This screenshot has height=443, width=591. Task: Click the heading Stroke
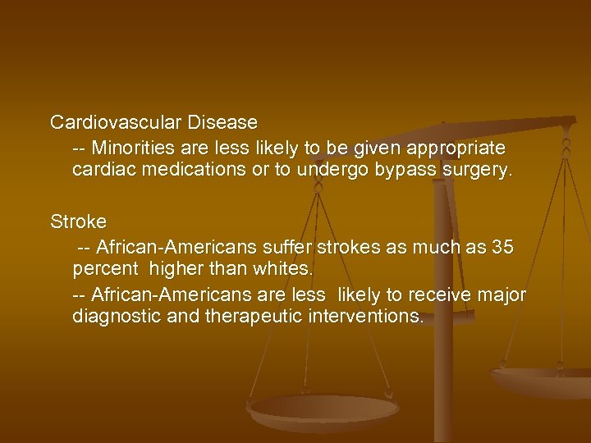78,222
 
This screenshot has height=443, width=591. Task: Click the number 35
502,247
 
